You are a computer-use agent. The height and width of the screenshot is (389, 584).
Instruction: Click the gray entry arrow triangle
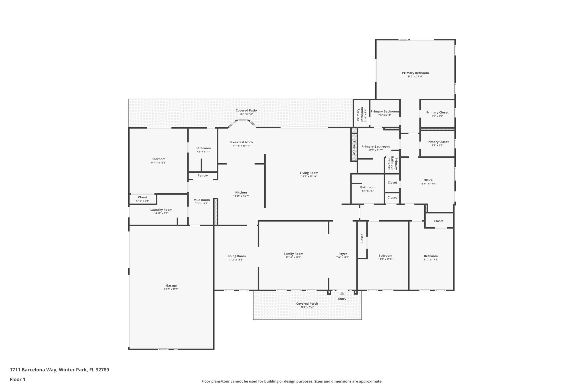[x=342, y=293]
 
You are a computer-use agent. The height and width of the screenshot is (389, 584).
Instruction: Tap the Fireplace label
[x=354, y=148]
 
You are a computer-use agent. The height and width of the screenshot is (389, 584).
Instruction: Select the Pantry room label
[x=203, y=176]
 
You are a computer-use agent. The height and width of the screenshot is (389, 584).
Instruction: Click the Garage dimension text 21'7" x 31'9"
[x=171, y=289]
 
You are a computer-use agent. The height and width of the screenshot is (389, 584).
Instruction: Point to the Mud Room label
[x=202, y=200]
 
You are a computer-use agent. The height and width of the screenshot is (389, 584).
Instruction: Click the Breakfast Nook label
[x=241, y=142]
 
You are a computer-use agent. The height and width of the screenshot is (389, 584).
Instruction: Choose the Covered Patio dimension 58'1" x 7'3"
[x=246, y=114]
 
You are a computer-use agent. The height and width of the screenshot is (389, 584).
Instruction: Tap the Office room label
[x=428, y=180]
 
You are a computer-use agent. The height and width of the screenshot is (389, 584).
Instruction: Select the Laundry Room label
[x=161, y=210]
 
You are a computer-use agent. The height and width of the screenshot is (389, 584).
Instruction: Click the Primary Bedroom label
[x=415, y=73]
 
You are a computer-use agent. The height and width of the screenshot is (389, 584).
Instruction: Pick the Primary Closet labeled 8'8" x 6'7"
[x=437, y=142]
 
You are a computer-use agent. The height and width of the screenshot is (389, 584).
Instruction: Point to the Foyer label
[x=343, y=254]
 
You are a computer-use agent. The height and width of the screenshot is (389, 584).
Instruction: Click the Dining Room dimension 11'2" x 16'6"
[x=236, y=260]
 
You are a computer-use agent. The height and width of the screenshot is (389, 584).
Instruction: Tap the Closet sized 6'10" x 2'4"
[x=143, y=197]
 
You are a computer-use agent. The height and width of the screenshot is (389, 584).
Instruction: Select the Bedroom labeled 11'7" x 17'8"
[x=431, y=256]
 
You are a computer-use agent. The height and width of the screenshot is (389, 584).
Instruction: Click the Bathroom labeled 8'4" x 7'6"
[x=368, y=187]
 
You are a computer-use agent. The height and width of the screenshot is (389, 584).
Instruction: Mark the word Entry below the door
[x=342, y=299]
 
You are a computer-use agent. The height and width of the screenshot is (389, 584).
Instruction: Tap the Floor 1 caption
[x=18, y=379]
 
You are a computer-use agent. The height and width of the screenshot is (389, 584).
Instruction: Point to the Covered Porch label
[x=307, y=304]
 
